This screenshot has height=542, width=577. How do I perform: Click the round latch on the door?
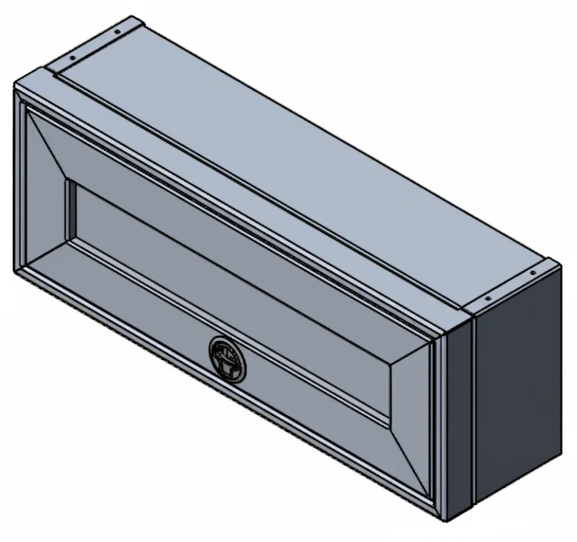point(228,359)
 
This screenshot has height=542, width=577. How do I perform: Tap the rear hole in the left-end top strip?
point(117,33)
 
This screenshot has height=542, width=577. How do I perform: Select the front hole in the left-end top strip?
point(73,58)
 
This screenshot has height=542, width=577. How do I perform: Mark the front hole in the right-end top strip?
point(488,298)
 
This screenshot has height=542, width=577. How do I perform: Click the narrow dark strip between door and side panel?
point(459,417)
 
